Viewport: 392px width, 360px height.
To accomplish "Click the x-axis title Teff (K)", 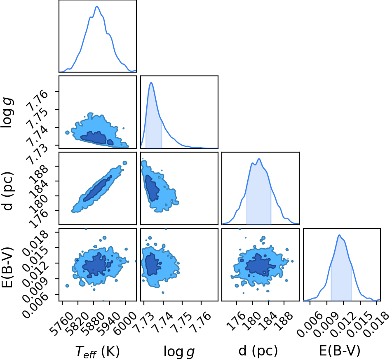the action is [98, 351].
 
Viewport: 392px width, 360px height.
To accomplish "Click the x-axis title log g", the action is [179, 351].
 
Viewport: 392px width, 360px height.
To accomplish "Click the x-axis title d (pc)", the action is [258, 351].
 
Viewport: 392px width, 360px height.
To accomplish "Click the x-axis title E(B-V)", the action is [340, 351].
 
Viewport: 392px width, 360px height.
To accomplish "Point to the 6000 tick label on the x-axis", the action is [125, 323].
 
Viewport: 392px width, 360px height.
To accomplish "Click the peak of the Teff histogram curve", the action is [97, 7].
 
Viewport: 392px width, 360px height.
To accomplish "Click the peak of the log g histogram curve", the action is [151, 82].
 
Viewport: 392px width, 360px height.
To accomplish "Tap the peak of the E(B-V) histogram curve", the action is [339, 235].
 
